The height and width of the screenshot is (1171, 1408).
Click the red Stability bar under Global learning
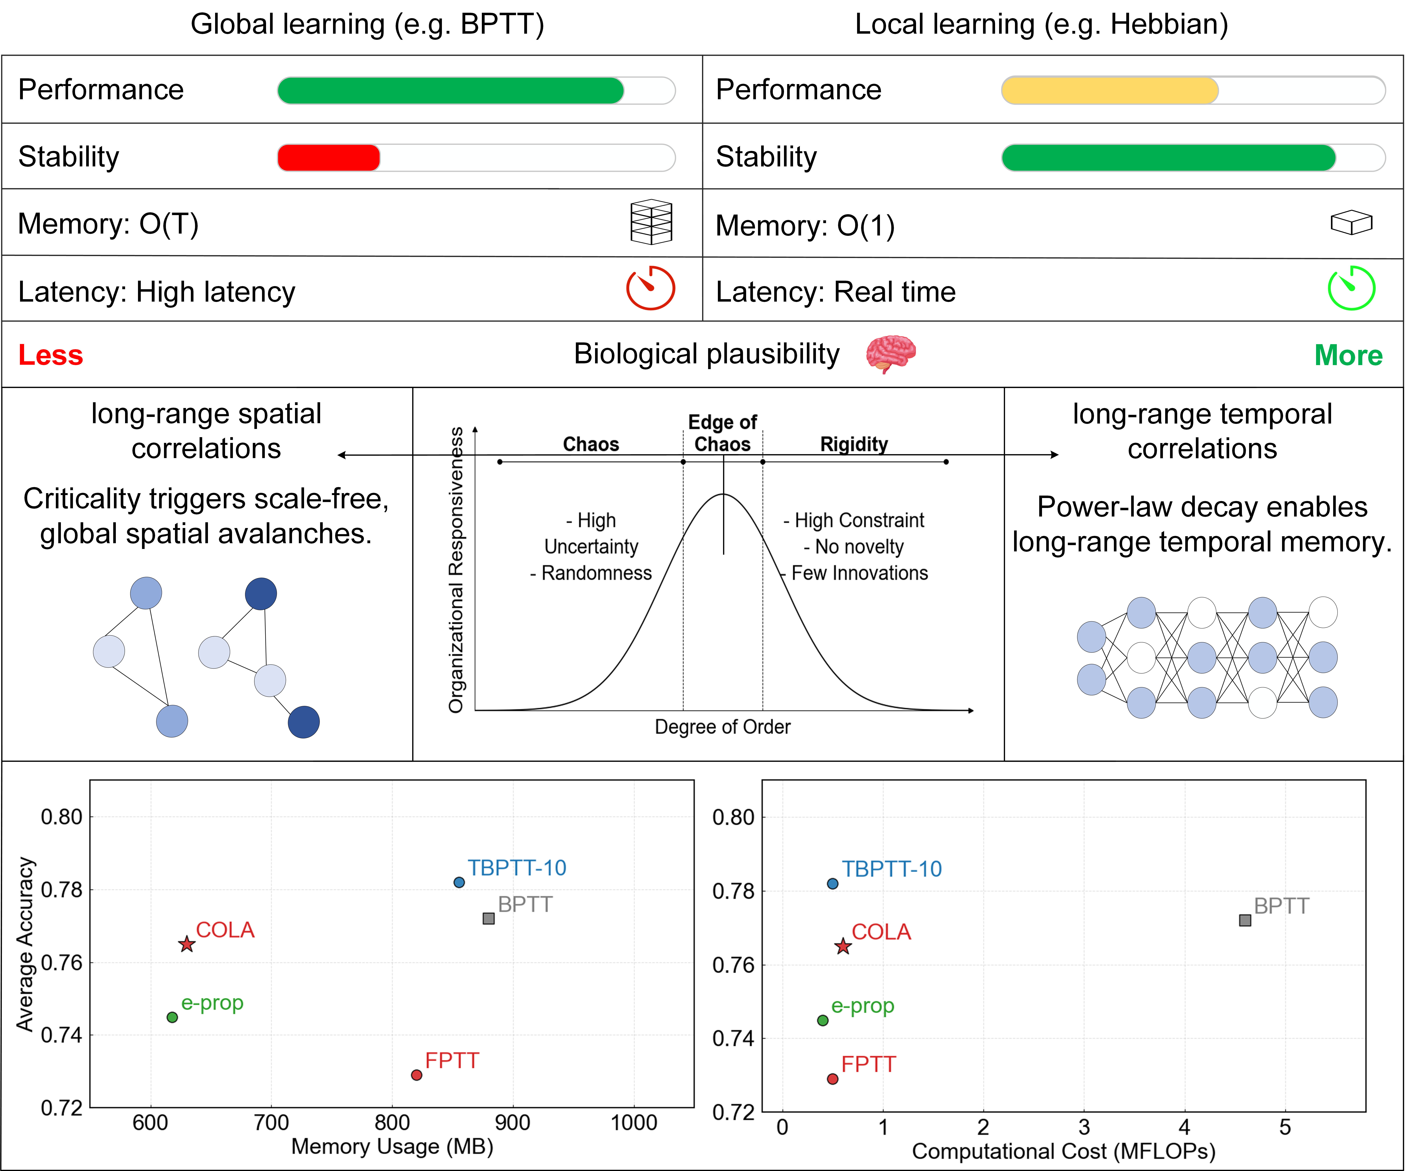(328, 158)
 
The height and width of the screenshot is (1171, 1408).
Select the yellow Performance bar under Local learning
(1110, 91)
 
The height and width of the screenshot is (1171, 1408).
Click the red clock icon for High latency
(650, 288)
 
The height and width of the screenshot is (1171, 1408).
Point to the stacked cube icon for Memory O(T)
(651, 222)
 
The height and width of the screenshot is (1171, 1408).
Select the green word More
(1348, 355)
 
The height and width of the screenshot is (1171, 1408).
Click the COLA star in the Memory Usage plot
(186, 944)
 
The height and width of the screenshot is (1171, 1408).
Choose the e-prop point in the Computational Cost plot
(823, 1020)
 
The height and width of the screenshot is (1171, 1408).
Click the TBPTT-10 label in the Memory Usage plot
(517, 868)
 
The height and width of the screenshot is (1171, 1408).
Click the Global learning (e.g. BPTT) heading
(367, 25)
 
